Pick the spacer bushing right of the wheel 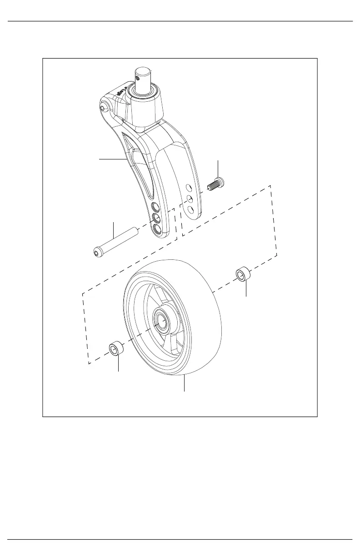[x=243, y=275]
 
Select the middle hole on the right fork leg [x=191, y=199]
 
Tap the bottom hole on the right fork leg [x=191, y=209]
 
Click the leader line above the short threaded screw [x=218, y=168]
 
